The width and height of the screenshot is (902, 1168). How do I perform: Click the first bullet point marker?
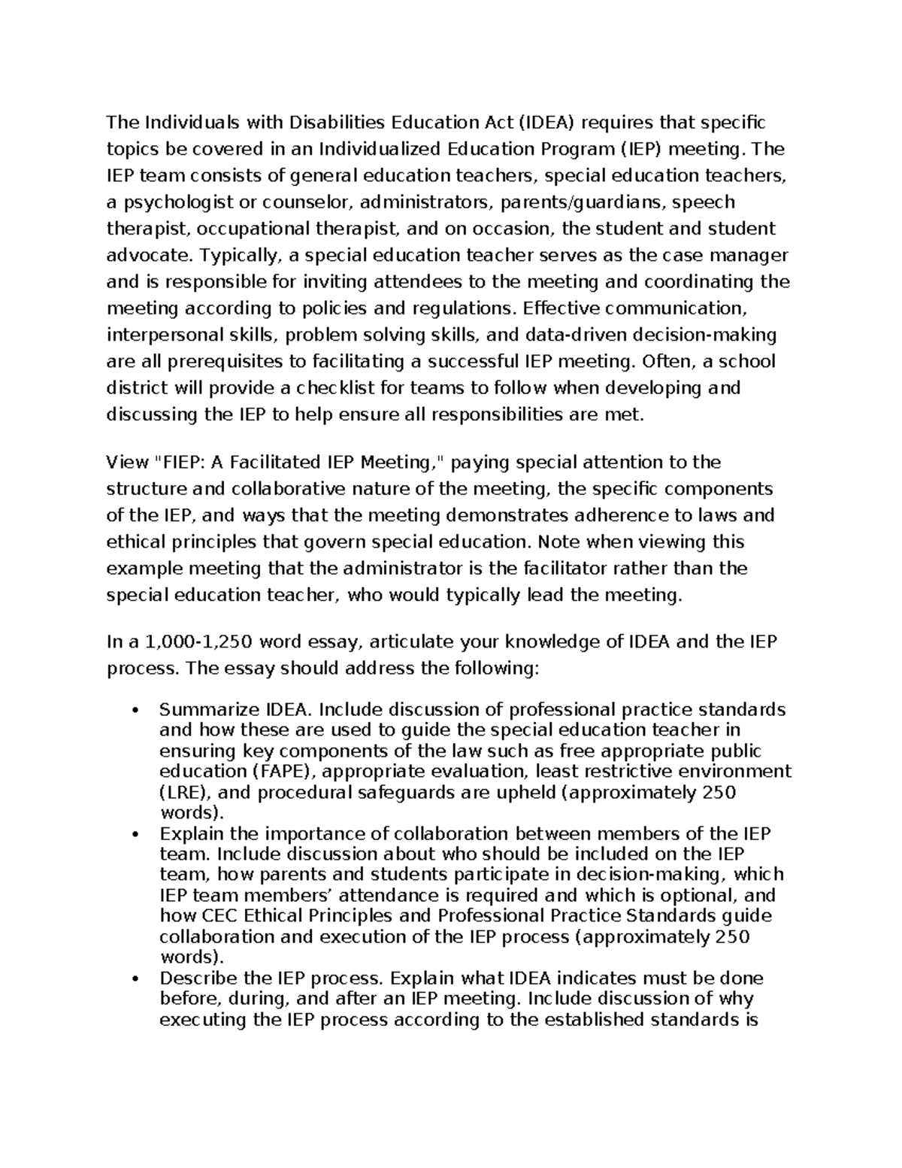pyautogui.click(x=135, y=710)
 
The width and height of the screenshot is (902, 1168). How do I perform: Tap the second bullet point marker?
pyautogui.click(x=135, y=834)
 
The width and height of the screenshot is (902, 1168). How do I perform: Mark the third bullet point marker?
pyautogui.click(x=135, y=978)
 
